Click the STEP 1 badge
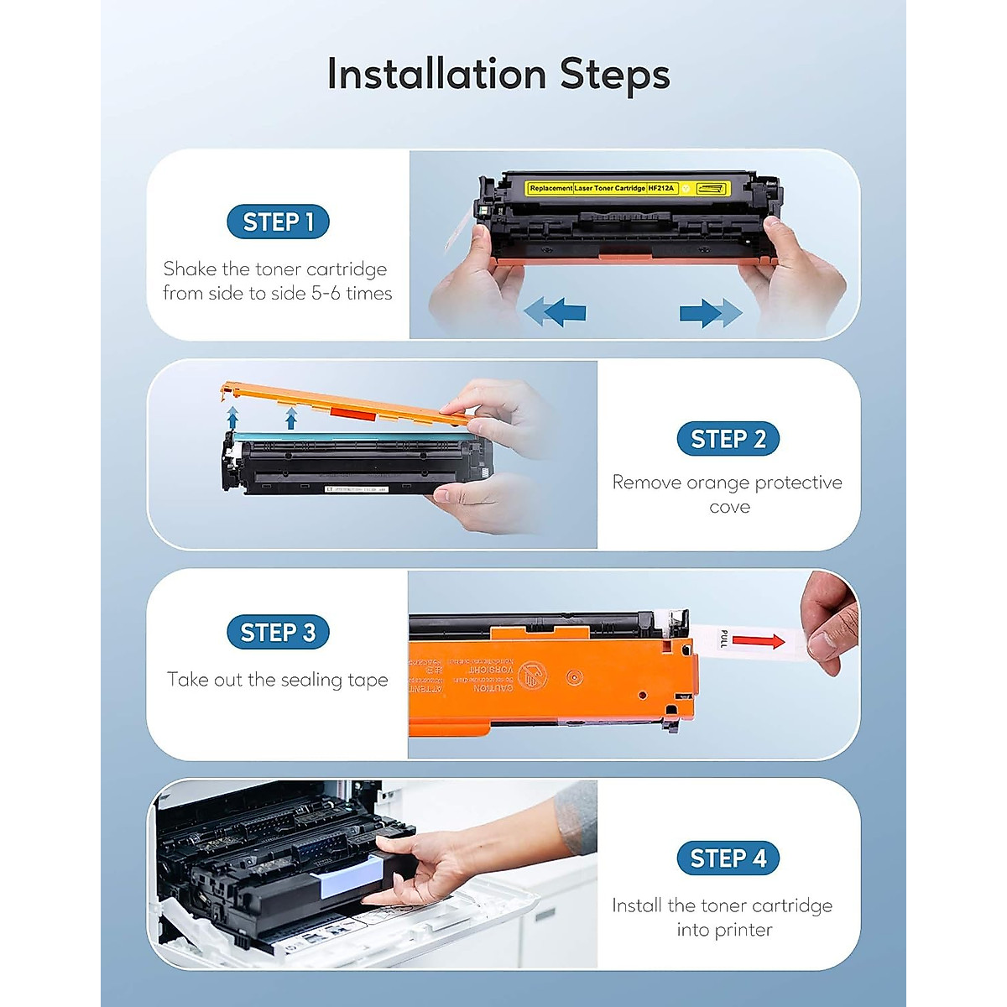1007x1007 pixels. tap(278, 222)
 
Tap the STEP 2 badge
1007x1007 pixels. tap(728, 439)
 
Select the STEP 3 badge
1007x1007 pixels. tap(278, 633)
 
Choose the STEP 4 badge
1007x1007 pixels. tap(728, 858)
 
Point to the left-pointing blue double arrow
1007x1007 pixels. tap(555, 312)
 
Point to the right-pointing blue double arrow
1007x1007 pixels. tap(710, 312)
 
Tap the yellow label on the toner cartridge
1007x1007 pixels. tap(626, 188)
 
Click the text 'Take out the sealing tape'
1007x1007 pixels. tap(278, 680)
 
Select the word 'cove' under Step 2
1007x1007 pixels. tap(728, 507)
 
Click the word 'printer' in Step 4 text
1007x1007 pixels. tap(724, 930)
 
